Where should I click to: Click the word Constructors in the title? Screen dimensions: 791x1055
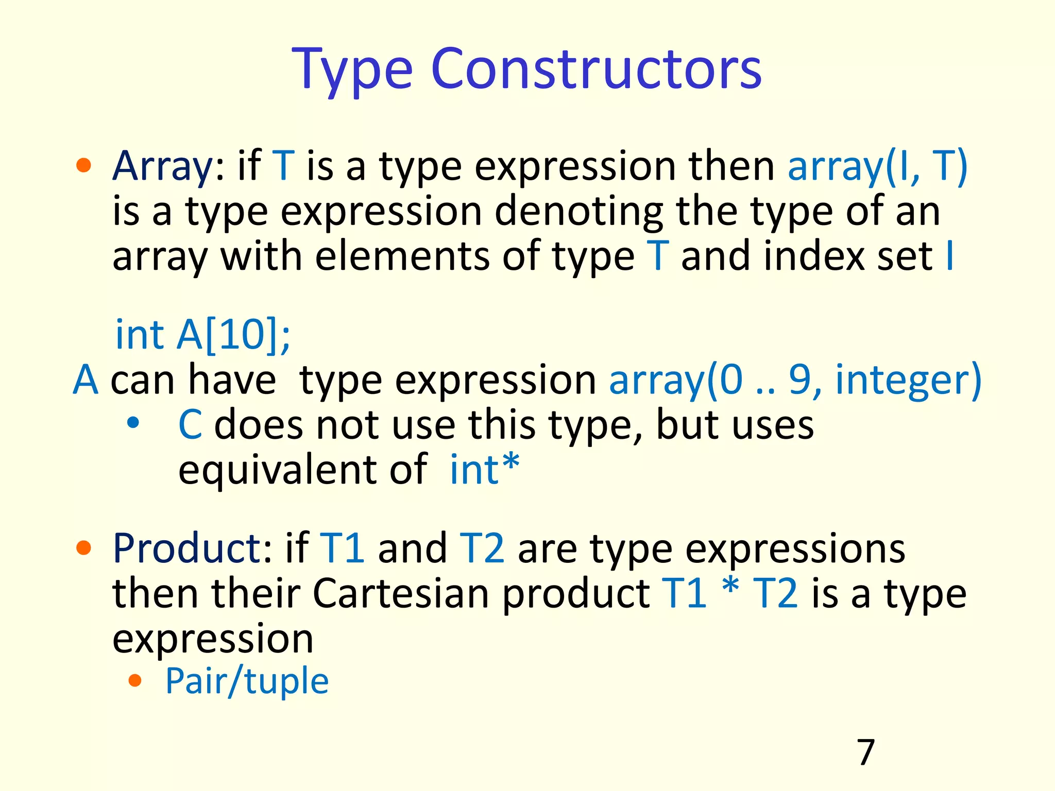pyautogui.click(x=596, y=70)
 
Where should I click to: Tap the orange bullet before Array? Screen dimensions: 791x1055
pyautogui.click(x=83, y=166)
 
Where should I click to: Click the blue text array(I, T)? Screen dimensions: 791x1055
pyautogui.click(x=877, y=167)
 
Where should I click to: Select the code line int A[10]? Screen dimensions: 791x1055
pyautogui.click(x=202, y=335)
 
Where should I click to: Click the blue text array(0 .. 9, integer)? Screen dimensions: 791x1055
pyautogui.click(x=795, y=380)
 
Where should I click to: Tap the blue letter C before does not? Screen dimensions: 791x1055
pyautogui.click(x=190, y=425)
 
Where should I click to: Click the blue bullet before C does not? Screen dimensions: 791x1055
pyautogui.click(x=133, y=423)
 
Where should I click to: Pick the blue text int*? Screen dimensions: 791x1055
pyautogui.click(x=484, y=469)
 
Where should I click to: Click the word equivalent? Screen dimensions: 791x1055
pyautogui.click(x=279, y=469)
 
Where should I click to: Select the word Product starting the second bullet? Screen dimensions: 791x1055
pyautogui.click(x=186, y=548)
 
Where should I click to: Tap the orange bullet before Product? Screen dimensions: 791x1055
pyautogui.click(x=83, y=548)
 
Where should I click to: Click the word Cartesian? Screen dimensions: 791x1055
pyautogui.click(x=401, y=594)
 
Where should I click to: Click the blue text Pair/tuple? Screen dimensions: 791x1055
pyautogui.click(x=246, y=681)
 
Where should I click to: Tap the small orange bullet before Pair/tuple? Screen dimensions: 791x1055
pyautogui.click(x=135, y=681)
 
